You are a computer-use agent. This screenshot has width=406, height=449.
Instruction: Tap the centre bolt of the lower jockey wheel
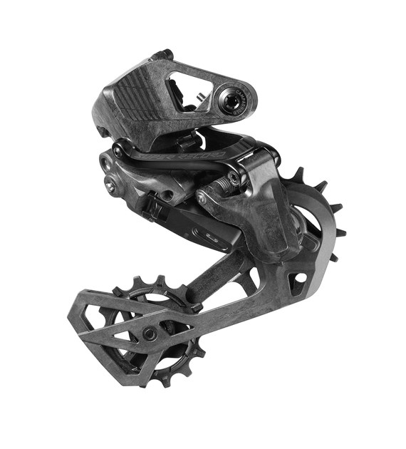(149, 333)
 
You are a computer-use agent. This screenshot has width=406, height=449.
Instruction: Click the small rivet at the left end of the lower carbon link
(202, 199)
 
